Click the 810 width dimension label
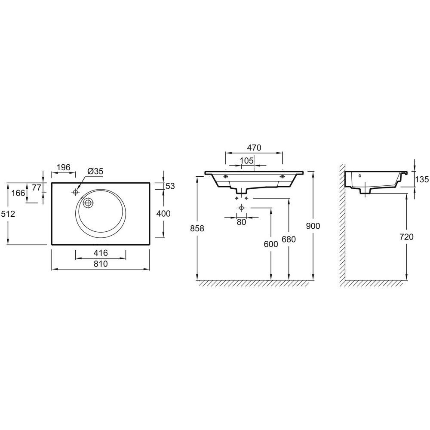coord(101,264)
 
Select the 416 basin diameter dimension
coord(101,252)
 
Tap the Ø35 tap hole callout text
coord(95,171)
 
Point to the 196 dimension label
coord(64,167)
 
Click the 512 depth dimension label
coord(8,214)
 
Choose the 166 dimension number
coord(18,193)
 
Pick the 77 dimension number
coord(37,187)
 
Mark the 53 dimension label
coord(170,186)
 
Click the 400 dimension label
coord(163,213)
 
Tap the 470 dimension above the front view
coord(254,148)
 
